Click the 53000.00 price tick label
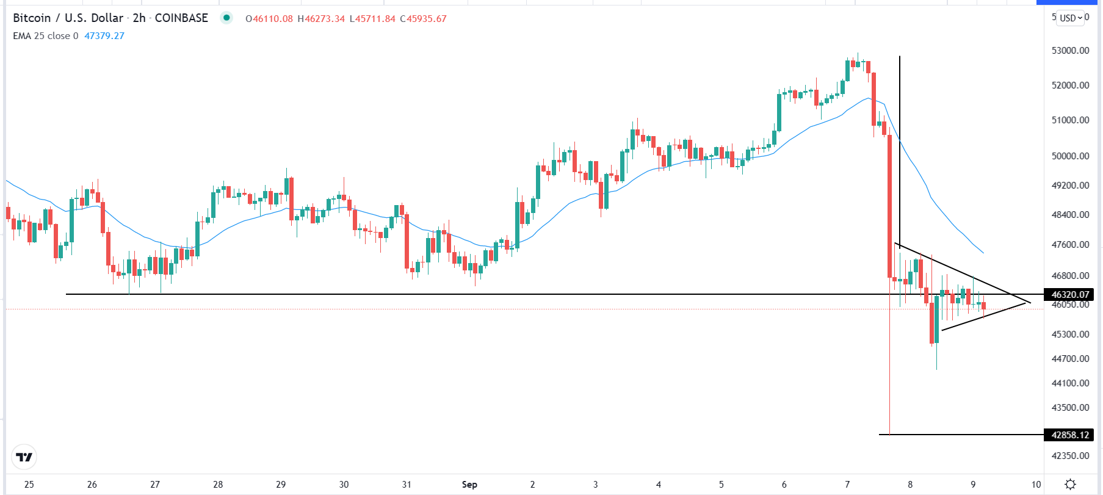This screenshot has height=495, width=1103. pos(1070,51)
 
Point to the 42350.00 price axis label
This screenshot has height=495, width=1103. pos(1070,455)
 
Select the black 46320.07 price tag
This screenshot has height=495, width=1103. pos(1070,294)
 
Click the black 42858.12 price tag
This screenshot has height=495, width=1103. pos(1070,435)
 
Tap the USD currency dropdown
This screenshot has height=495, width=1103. pos(1071,18)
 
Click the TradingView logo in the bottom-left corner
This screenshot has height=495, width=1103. pos(24,457)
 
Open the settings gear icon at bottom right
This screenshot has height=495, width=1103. pos(1070,484)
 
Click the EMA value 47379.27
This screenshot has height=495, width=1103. pos(104,36)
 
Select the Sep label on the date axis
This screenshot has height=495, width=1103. pos(469,485)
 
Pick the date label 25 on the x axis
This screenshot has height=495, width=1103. pos(29,485)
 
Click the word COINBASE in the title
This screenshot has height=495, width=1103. pos(181,18)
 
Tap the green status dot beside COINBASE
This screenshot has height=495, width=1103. pos(226,18)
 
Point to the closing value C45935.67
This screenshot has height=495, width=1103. pos(424,19)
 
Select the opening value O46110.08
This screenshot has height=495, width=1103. pos(269,19)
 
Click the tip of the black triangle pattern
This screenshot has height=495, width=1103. pos(1030,302)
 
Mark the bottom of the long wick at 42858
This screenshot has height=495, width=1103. pos(890,434)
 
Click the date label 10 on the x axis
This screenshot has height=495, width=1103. pos(1036,485)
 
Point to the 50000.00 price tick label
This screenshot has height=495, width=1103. pos(1070,156)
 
